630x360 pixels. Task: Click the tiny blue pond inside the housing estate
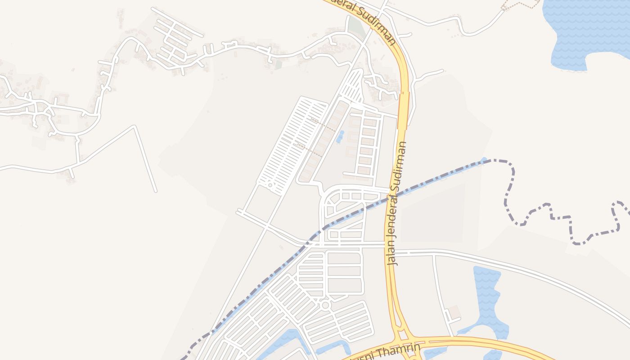340,136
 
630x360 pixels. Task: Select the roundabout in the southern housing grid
325,306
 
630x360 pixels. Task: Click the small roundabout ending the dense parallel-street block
270,185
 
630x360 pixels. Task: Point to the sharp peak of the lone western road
134,127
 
